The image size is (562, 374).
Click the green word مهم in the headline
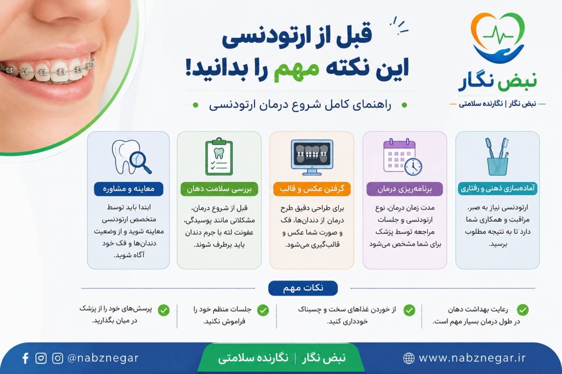[296, 68]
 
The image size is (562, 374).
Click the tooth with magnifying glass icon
[131, 157]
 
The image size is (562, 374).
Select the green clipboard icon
[219, 156]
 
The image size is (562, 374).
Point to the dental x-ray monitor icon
[312, 157]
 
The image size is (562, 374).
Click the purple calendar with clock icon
[403, 157]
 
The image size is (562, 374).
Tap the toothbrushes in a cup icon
[497, 156]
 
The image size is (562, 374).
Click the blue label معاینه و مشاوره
[129, 189]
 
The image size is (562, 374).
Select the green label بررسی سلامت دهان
[219, 189]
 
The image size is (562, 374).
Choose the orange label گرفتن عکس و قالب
[312, 189]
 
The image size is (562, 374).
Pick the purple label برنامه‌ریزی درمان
[405, 189]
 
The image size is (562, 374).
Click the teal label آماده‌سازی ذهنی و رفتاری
[497, 188]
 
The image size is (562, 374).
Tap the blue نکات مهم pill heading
[303, 288]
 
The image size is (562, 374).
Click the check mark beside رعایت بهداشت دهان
[523, 310]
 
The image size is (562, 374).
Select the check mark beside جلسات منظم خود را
[263, 310]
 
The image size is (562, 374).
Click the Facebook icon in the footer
[25, 358]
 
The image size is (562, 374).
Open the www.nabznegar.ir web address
[472, 358]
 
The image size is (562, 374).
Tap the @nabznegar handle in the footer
[103, 358]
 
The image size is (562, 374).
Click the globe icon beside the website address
[408, 358]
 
